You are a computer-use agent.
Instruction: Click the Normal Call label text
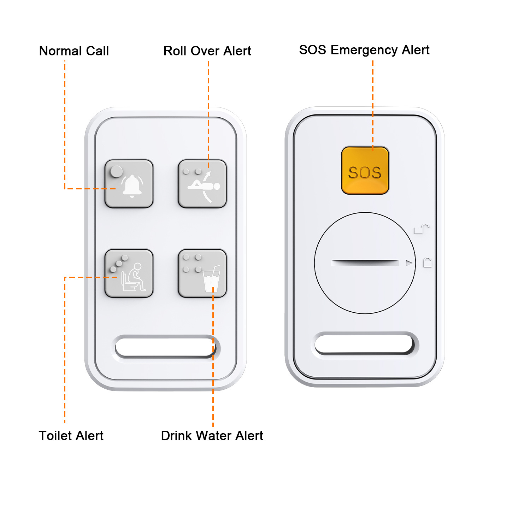tap(74, 51)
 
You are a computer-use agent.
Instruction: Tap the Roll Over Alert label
tap(207, 51)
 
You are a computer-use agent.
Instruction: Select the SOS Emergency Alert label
tap(364, 50)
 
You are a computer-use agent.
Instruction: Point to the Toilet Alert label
tap(71, 436)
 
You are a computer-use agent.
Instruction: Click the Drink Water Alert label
tap(212, 436)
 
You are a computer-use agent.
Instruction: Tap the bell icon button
tap(129, 184)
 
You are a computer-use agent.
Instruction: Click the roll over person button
tap(202, 184)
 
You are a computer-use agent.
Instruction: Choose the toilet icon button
tap(129, 273)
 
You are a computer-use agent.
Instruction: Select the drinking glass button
tap(202, 273)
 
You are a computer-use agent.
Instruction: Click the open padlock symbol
tap(422, 229)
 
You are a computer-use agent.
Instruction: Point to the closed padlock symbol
tap(428, 263)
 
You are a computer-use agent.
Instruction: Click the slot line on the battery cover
tap(365, 263)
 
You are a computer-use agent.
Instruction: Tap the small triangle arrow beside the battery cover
tap(409, 263)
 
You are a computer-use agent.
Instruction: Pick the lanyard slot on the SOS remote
tap(364, 344)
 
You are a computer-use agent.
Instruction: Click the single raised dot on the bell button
tap(116, 172)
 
